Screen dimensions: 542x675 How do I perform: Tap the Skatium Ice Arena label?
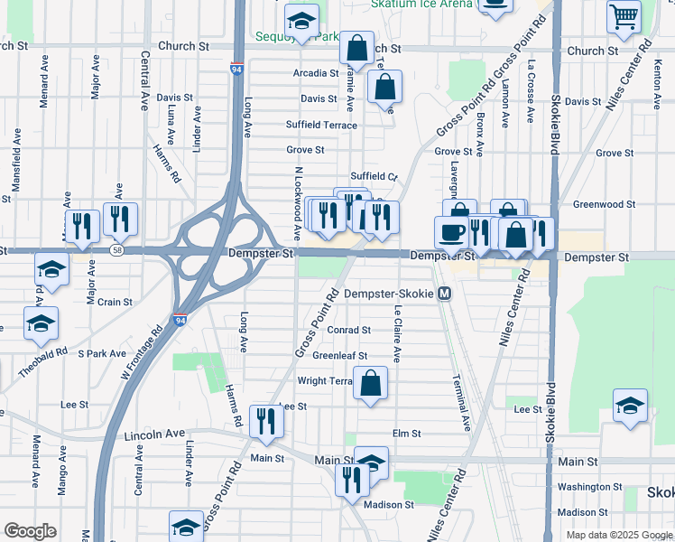421,4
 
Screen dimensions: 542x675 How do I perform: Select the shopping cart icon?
624,16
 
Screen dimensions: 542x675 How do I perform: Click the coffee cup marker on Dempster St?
451,232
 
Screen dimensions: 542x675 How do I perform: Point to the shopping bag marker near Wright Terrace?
371,384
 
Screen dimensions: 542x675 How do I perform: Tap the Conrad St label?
348,331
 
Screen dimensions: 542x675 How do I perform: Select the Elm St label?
407,434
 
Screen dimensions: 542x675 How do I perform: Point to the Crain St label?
115,302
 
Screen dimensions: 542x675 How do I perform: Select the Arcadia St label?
314,73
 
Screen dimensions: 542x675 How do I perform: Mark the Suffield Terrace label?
321,125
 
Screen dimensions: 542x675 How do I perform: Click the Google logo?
31,531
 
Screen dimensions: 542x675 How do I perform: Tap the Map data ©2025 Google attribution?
619,535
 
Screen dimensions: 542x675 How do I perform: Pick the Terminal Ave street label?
463,402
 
